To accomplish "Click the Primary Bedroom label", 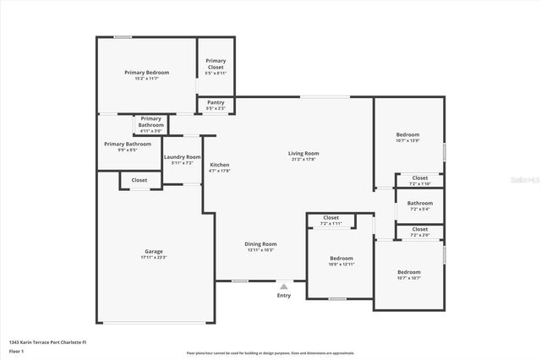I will (x=146, y=73).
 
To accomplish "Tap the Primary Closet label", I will (x=216, y=63).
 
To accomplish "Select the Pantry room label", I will (x=216, y=102).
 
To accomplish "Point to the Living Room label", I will (x=303, y=153).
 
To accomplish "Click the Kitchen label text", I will (x=219, y=165).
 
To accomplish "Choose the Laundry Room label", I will (x=182, y=157).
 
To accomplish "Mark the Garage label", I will (x=153, y=251).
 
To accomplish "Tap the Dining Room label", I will (x=261, y=244).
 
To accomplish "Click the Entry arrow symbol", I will (x=283, y=286).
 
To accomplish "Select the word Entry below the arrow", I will (x=283, y=296).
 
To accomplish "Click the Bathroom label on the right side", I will (x=419, y=203).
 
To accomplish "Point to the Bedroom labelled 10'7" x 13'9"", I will (x=407, y=135).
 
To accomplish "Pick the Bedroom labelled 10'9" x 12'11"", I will (x=342, y=258).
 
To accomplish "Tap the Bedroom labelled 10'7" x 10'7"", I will (x=408, y=271).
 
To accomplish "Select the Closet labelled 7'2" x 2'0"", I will (x=419, y=229).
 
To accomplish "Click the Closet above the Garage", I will (x=139, y=180).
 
